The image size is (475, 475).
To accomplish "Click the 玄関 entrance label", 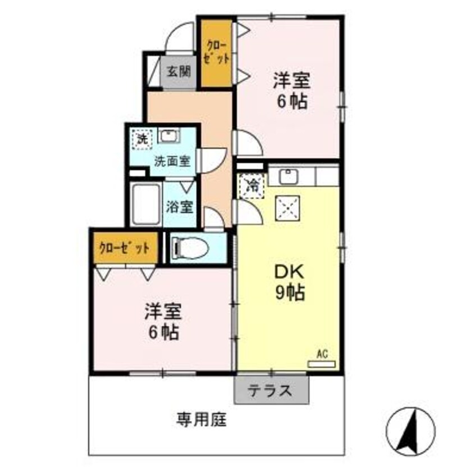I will click(x=179, y=71).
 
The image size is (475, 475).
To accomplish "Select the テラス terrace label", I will click(x=271, y=390).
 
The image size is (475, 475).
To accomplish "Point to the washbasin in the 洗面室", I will click(x=167, y=136).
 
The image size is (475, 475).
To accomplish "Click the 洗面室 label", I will click(x=172, y=161).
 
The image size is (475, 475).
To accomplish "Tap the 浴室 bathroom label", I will click(x=180, y=207).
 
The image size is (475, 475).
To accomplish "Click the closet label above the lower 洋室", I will click(x=125, y=248).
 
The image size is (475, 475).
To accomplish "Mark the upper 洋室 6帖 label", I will click(x=290, y=92).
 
